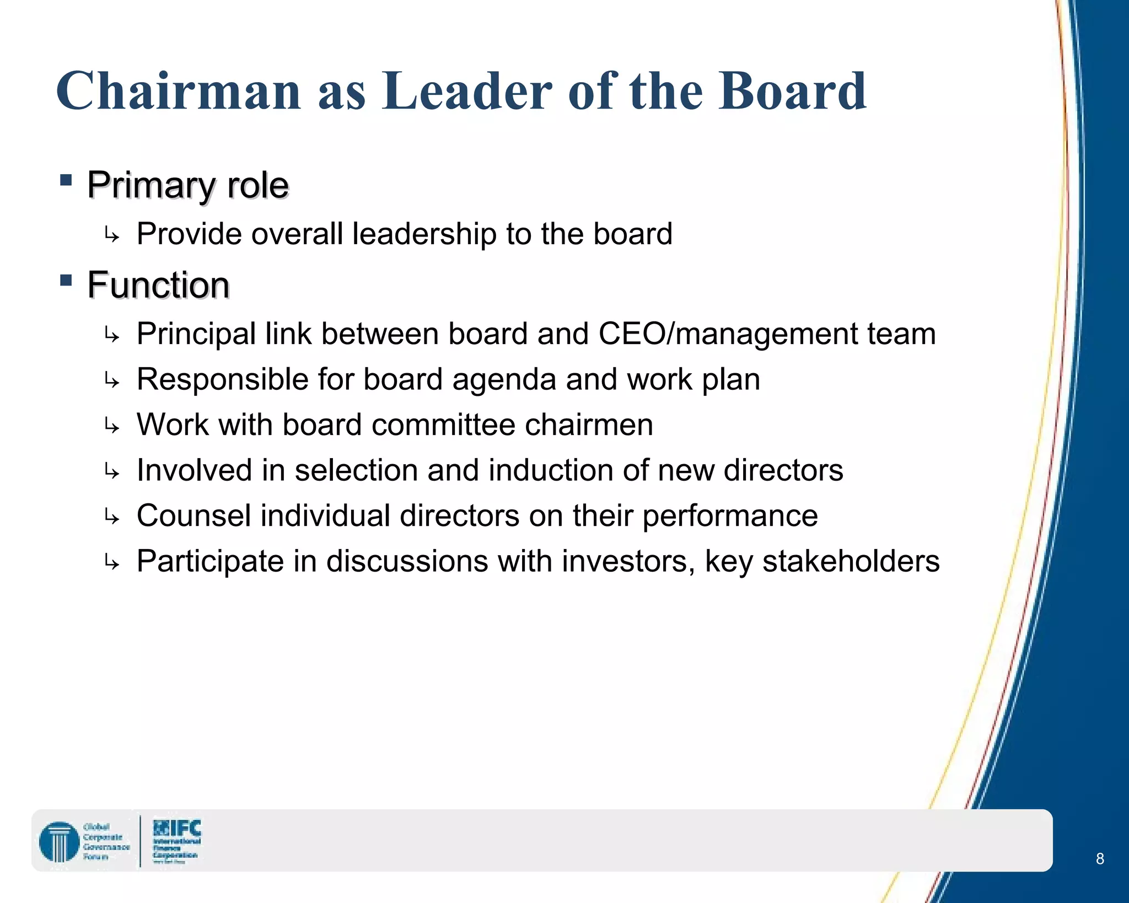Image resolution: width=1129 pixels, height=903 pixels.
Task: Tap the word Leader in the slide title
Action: (467, 91)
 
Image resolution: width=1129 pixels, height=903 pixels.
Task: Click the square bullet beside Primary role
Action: (66, 180)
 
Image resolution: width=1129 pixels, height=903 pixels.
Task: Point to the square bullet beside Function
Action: (66, 281)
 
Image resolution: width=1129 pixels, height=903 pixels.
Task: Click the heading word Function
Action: (158, 285)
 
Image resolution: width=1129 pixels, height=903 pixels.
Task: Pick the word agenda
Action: (504, 380)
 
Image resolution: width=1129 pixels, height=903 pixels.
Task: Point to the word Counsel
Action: (193, 516)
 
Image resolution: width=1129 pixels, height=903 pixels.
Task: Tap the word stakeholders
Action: (851, 561)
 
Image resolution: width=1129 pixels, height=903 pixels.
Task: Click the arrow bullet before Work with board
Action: (111, 426)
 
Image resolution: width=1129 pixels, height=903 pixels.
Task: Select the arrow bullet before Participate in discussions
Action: (111, 563)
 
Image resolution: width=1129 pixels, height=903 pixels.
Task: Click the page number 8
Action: (1100, 858)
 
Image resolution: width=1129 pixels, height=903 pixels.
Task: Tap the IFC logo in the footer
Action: (176, 840)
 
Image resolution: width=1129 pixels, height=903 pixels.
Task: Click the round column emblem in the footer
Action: (59, 841)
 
